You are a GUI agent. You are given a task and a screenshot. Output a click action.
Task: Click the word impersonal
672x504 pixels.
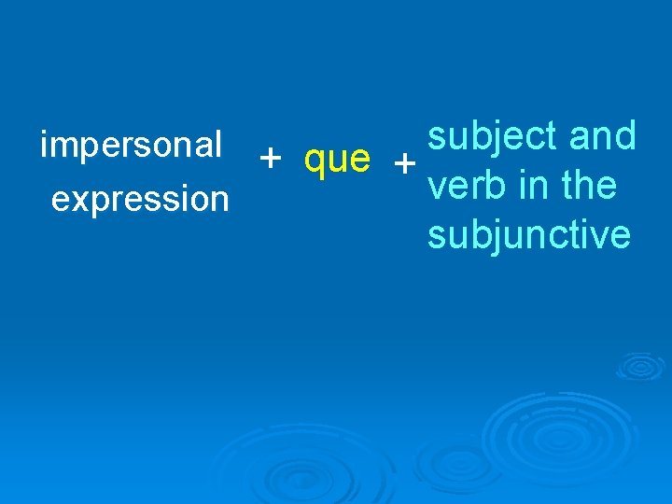pos(132,147)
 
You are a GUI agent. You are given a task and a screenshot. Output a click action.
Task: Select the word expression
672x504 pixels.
pos(140,200)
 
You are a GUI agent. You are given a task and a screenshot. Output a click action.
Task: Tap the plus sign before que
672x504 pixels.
pos(271,160)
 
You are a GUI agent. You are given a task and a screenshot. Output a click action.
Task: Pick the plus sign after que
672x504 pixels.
pos(404,164)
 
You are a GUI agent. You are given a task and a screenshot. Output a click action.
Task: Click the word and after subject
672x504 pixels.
pos(603,136)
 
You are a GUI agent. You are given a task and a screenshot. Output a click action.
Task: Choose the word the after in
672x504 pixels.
pos(589,186)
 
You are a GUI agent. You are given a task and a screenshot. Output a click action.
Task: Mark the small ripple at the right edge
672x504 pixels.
pos(640,365)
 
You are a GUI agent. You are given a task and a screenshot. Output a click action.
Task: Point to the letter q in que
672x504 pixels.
pos(315,164)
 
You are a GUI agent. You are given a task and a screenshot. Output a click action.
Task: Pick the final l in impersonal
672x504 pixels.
pos(217,145)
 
